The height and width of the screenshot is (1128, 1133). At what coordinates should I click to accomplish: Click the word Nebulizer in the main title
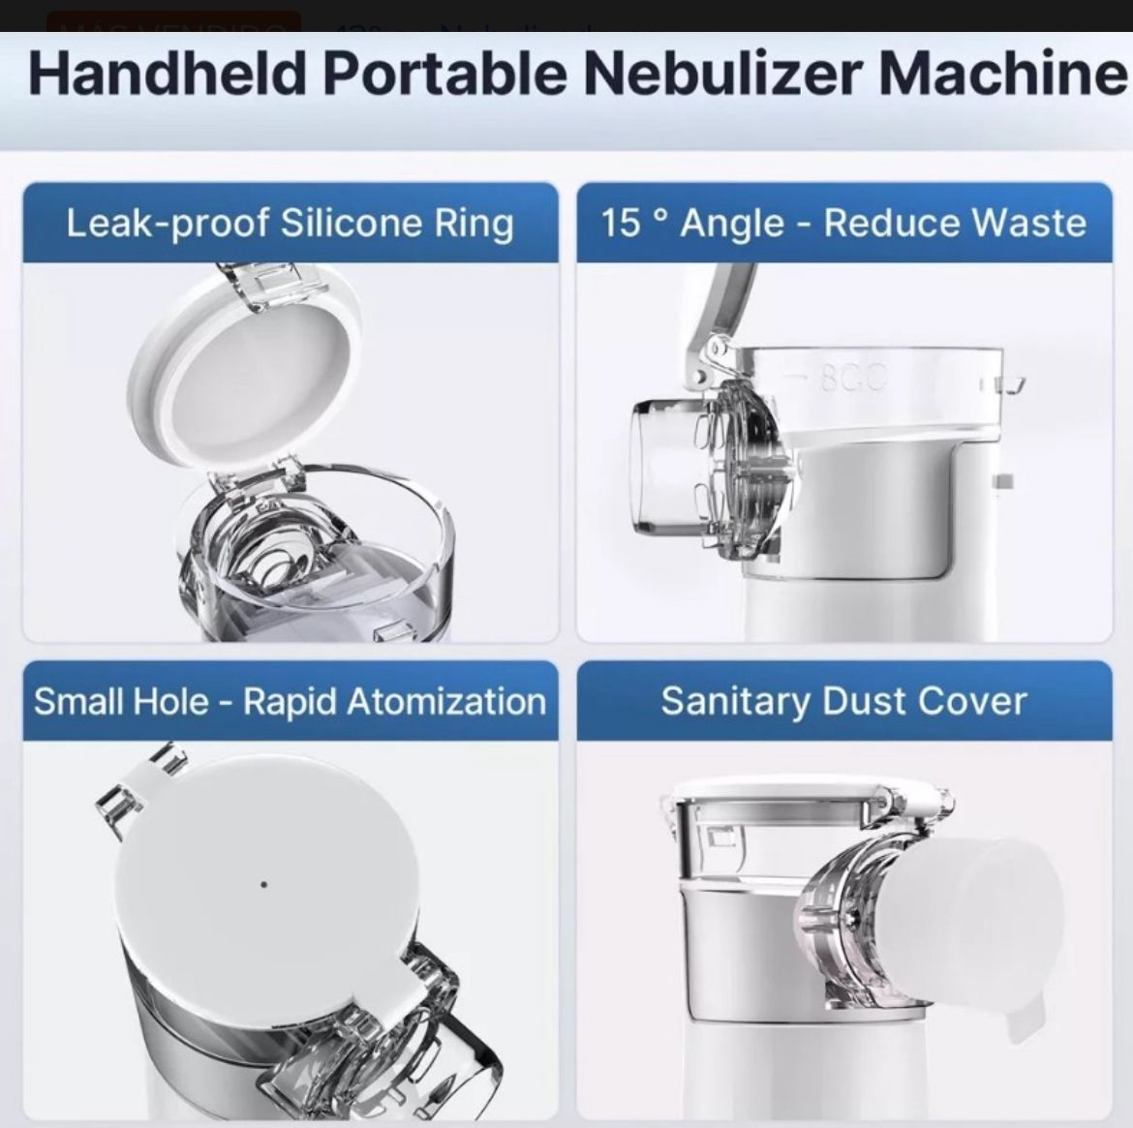coord(723,73)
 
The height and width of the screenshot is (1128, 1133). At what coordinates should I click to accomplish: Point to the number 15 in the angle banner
coord(621,223)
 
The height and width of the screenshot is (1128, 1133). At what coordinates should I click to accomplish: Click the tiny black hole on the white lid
coord(263,884)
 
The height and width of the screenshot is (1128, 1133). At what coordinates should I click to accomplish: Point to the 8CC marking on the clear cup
coord(852,379)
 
